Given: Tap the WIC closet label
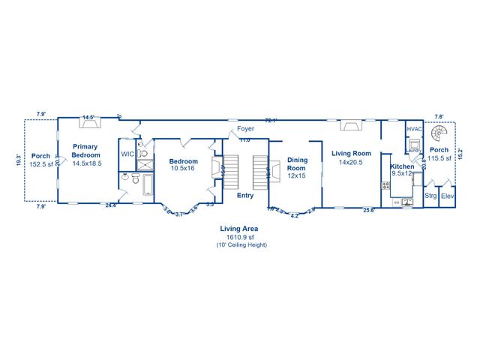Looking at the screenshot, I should point(127,154).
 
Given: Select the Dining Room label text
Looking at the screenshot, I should point(298,164).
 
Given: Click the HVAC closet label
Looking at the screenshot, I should point(415,129).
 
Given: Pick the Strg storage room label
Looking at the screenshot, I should point(430,196).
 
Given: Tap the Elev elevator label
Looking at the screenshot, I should point(447,196).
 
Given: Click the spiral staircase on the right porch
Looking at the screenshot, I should point(445,134).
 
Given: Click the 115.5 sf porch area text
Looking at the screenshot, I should point(439,158).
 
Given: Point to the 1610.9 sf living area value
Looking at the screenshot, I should point(239,237).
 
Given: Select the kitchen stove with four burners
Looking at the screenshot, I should point(385,185).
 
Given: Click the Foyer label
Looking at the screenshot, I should point(245,129).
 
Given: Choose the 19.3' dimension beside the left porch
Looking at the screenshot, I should point(19,160).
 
